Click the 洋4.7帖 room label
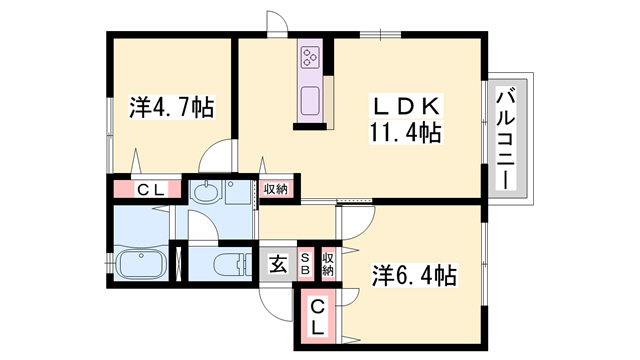click(x=171, y=106)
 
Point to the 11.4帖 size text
click(x=405, y=131)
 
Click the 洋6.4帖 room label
click(x=416, y=274)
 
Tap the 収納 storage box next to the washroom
click(x=277, y=189)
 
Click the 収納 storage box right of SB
click(x=329, y=263)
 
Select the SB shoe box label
click(x=307, y=263)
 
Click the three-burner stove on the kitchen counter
click(x=310, y=57)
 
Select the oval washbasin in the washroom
click(x=206, y=194)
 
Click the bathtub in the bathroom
click(x=140, y=267)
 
